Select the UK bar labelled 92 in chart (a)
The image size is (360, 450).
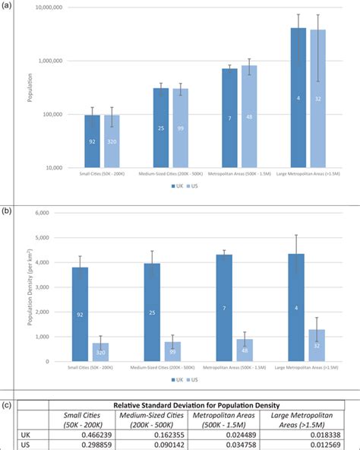pos(92,141)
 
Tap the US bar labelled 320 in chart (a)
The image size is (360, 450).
pos(112,141)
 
